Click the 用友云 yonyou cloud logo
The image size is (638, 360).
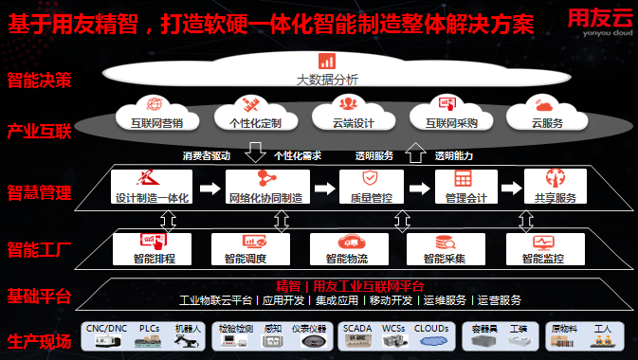pos(599,21)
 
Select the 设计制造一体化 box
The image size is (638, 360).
pos(153,187)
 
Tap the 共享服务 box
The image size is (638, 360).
pos(555,187)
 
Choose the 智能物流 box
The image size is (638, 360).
pos(347,247)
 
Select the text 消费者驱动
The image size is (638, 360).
pos(207,156)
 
